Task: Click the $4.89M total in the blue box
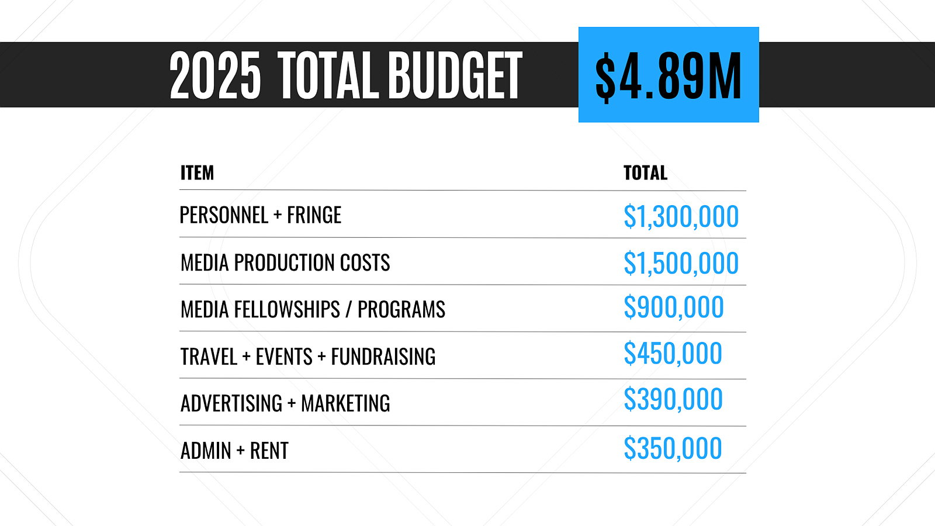(669, 75)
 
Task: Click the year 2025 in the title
(214, 75)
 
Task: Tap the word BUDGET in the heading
(455, 75)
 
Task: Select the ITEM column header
(197, 173)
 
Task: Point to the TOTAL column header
(645, 173)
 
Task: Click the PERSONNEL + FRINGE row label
(260, 215)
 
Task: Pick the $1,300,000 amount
(681, 216)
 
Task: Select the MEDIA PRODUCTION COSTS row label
(285, 263)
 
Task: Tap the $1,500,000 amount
(681, 263)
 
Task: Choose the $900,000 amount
(673, 307)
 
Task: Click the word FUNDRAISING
(383, 357)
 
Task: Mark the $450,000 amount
(673, 354)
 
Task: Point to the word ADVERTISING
(231, 403)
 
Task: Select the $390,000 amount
(673, 400)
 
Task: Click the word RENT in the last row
(269, 451)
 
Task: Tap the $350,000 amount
(673, 449)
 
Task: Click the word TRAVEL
(209, 357)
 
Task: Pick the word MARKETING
(345, 403)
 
